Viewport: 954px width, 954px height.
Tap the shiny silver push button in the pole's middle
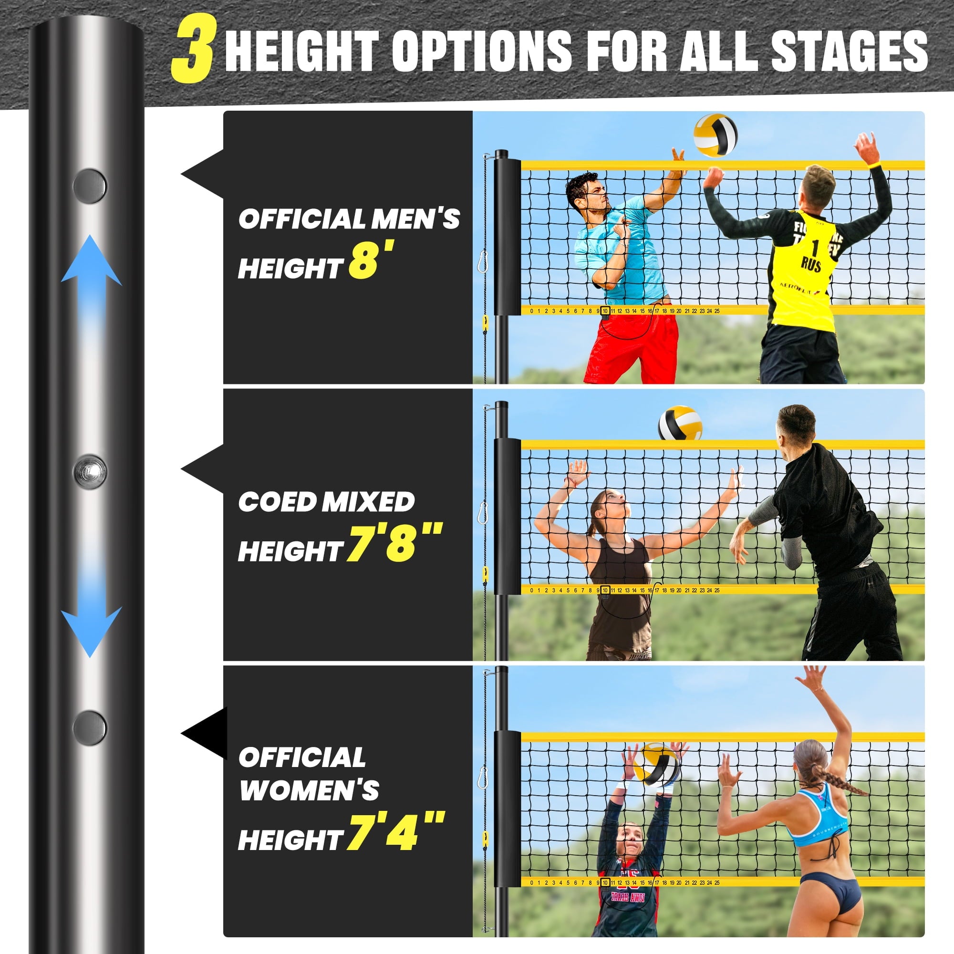pyautogui.click(x=90, y=472)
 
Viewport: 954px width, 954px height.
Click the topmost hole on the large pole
pyautogui.click(x=90, y=186)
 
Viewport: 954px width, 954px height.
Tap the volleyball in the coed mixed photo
pyautogui.click(x=680, y=423)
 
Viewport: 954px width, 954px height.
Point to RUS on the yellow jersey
pyautogui.click(x=811, y=265)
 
